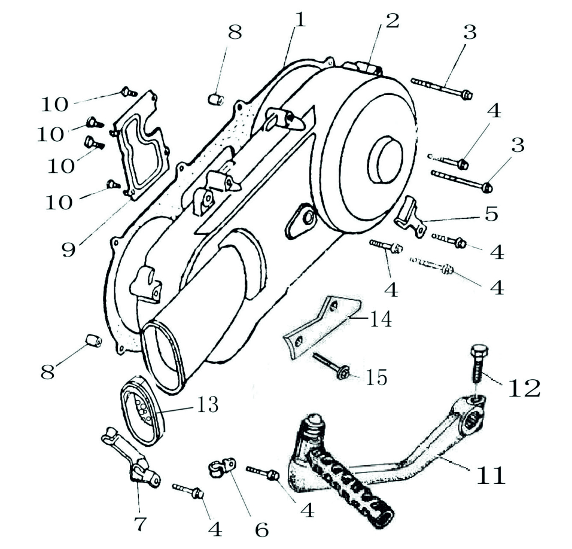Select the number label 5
click(x=491, y=213)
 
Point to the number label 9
click(x=69, y=247)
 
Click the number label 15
click(x=376, y=377)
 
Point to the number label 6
click(x=261, y=528)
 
